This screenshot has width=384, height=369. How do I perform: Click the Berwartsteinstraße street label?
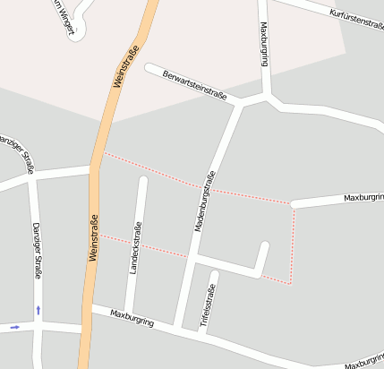[195, 84]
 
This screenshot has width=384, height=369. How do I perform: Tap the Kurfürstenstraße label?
[356, 19]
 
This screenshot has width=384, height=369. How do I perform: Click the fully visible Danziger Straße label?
[37, 251]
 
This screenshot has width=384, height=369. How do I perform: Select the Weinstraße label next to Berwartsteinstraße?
[126, 65]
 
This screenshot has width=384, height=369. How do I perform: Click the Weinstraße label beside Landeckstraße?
[93, 237]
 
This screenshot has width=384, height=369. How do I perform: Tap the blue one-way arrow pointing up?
[38, 310]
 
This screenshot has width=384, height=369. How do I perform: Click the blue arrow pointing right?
[14, 327]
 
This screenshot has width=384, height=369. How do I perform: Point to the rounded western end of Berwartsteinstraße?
[149, 68]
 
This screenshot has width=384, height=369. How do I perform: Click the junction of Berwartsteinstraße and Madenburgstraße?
[240, 104]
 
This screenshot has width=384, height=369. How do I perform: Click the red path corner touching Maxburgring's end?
[292, 204]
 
